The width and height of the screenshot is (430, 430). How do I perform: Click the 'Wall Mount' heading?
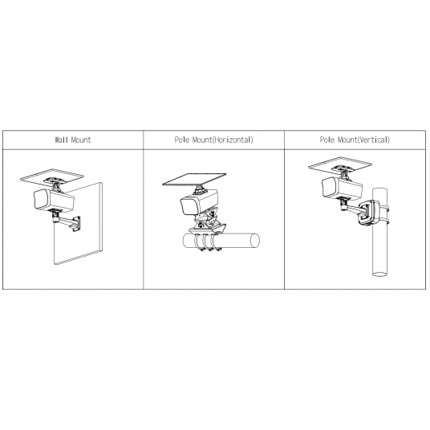73,140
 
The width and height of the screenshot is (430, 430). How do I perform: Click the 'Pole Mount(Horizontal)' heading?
213,140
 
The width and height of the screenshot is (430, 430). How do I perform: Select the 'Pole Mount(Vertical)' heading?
355,140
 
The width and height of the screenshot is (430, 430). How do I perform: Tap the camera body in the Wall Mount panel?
54,200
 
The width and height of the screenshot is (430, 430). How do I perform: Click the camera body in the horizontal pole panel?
200,203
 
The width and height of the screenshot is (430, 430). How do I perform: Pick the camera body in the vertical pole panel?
342,189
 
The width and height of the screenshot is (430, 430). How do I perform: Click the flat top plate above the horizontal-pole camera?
194,180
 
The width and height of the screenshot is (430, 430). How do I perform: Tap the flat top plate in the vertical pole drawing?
340,164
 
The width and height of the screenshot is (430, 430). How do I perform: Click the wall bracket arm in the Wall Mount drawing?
67,221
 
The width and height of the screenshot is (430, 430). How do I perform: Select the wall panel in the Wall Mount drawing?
78,224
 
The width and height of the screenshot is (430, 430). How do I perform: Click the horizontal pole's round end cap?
255,241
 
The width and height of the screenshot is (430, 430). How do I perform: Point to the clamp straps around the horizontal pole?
207,242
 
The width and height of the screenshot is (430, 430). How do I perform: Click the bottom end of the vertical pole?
379,274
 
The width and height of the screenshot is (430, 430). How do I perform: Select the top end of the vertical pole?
379,190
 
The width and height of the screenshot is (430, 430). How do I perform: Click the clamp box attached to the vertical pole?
368,213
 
